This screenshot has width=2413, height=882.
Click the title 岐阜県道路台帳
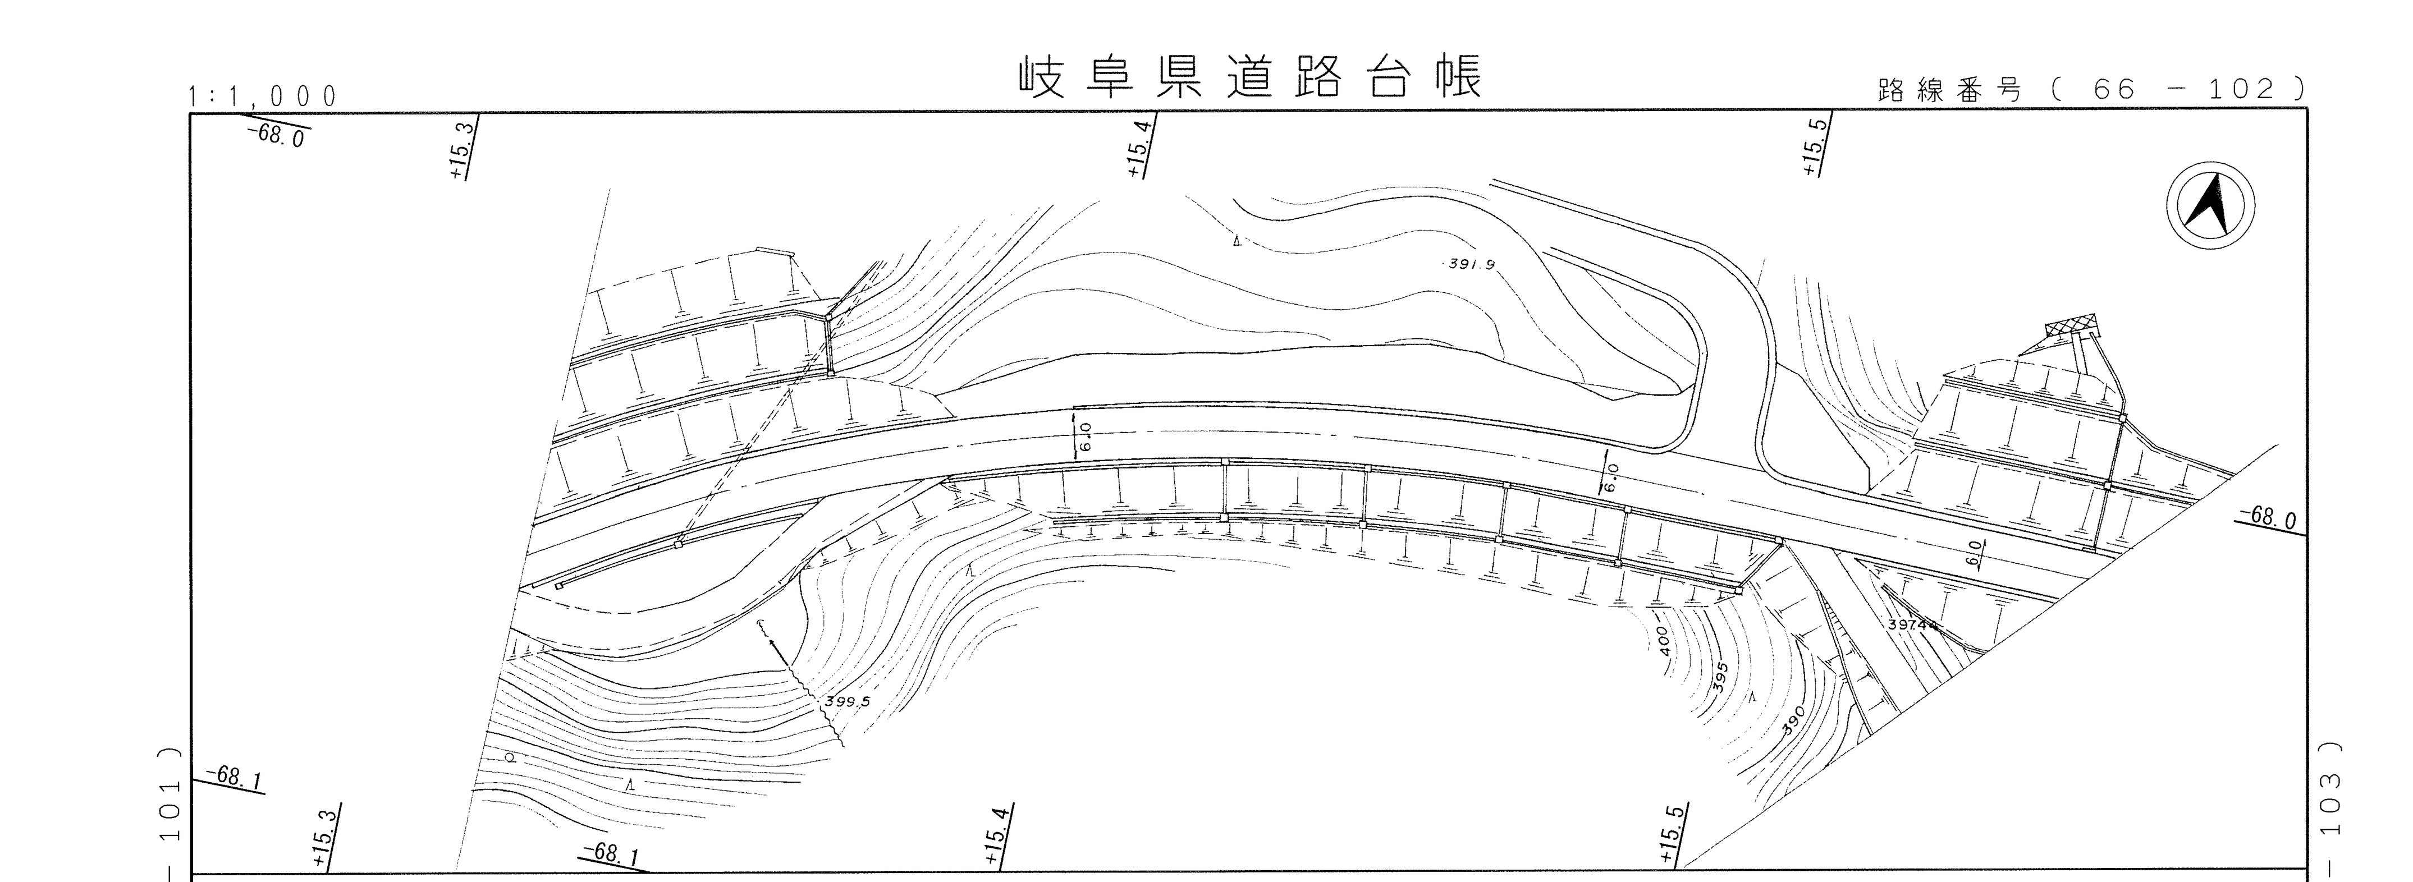click(1251, 78)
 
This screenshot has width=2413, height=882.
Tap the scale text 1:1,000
click(262, 95)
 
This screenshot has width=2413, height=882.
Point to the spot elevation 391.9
click(1469, 264)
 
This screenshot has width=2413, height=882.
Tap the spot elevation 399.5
click(848, 700)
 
